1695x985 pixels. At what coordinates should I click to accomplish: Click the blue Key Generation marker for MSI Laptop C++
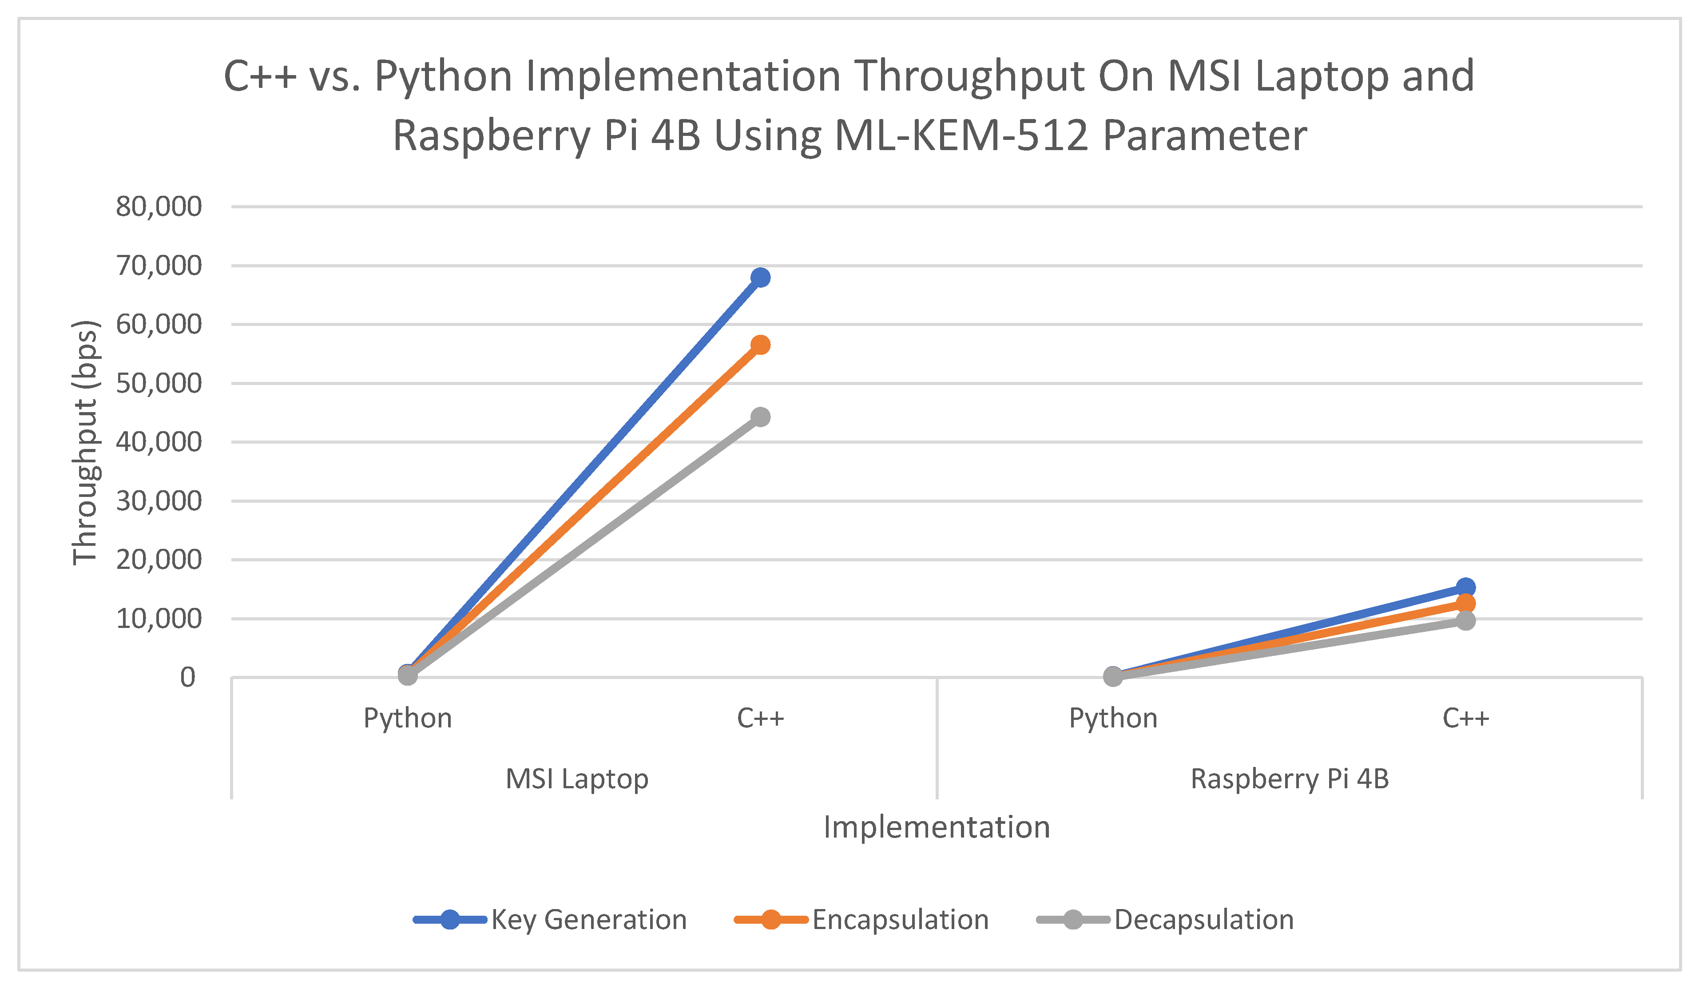(760, 277)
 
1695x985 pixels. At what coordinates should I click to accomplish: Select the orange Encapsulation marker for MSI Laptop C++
(760, 345)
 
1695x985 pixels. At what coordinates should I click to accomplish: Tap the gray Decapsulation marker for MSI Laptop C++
(760, 417)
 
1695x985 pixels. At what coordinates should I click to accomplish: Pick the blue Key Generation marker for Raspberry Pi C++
(1465, 588)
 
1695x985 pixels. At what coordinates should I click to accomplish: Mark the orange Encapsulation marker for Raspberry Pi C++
(1465, 603)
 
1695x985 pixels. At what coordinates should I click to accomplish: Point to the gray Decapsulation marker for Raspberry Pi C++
(1465, 620)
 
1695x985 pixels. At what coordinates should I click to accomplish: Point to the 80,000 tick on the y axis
(159, 207)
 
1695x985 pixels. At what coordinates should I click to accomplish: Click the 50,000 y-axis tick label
(159, 384)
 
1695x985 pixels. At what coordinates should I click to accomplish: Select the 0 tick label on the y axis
(188, 678)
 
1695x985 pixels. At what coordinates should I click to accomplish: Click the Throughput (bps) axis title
(86, 442)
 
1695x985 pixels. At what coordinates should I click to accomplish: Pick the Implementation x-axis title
(936, 827)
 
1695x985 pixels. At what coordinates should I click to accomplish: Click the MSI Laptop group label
(576, 778)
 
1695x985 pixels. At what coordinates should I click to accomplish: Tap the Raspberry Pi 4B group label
(1290, 778)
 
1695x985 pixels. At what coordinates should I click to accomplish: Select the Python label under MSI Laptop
(408, 718)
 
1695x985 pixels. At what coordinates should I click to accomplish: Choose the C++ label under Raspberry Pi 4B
(1465, 718)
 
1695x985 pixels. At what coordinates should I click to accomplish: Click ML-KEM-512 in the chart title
(961, 135)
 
